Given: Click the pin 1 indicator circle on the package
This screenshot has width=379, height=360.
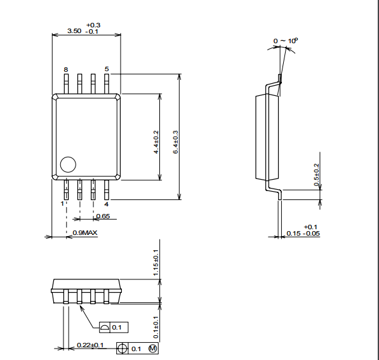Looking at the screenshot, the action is [68, 164].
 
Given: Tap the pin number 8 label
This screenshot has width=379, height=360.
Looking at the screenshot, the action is [66, 70].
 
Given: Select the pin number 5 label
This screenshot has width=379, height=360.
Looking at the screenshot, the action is [107, 69].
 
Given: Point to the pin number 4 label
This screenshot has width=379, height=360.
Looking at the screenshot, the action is [107, 204].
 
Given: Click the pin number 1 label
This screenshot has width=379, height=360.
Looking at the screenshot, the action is [62, 204].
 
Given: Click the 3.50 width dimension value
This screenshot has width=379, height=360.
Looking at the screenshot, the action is [74, 31].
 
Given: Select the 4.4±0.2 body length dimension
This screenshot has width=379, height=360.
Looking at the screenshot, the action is [156, 142].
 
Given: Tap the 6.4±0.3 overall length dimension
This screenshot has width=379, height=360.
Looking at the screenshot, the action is [175, 142].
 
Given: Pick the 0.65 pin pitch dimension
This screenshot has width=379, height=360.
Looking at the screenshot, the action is [103, 216].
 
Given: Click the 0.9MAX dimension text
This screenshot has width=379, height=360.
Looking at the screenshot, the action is [85, 233].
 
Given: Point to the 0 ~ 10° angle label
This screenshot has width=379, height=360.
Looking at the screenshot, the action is [286, 41].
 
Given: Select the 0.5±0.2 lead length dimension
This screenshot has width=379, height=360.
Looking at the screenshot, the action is [317, 175].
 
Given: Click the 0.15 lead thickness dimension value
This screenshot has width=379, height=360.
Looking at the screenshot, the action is [294, 234].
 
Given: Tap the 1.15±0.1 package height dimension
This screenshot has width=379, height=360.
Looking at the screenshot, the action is [156, 263].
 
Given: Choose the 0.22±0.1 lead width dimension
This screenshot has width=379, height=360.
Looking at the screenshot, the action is [90, 345].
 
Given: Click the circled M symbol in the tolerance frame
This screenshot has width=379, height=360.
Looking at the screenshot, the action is [153, 349].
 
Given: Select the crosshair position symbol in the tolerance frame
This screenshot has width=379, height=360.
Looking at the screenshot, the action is [122, 349].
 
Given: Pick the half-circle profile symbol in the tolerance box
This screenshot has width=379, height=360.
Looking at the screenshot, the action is [104, 328].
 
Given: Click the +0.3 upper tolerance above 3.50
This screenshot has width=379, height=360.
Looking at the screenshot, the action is [93, 25].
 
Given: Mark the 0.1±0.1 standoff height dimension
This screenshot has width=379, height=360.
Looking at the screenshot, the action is [156, 328].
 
